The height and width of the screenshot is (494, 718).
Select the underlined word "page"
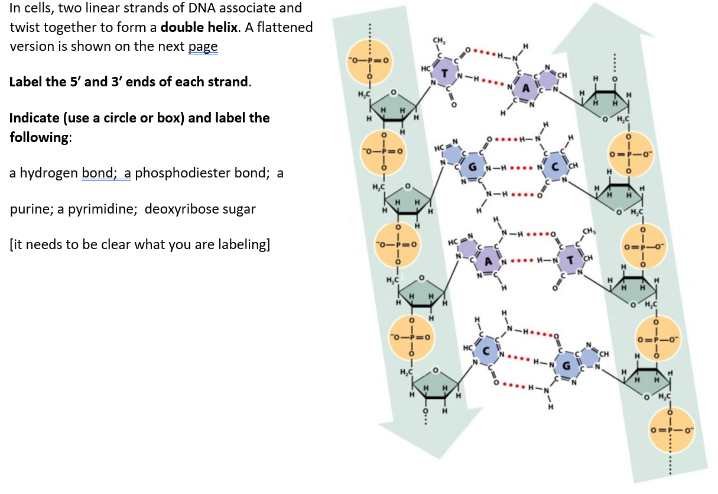[x=203, y=46]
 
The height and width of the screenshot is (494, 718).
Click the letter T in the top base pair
[x=443, y=72]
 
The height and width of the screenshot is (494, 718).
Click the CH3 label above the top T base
[x=439, y=40]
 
